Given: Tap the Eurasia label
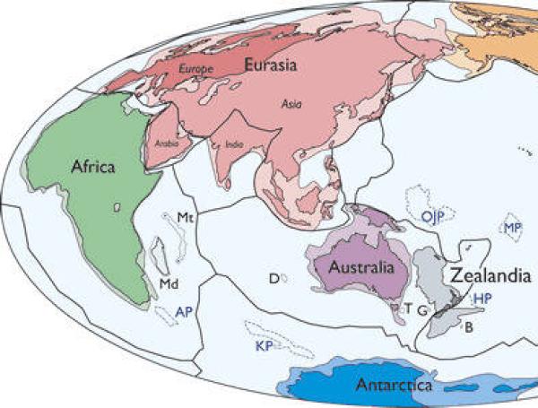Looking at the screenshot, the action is click(x=272, y=65).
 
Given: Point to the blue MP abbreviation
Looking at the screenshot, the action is click(x=514, y=229).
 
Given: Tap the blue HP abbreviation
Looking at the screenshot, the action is click(x=483, y=298).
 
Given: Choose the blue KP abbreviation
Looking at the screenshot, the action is click(x=264, y=345).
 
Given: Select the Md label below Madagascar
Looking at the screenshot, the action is click(x=167, y=284).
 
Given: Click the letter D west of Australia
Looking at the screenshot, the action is click(x=273, y=279).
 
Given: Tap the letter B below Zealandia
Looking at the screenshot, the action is click(x=468, y=326).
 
